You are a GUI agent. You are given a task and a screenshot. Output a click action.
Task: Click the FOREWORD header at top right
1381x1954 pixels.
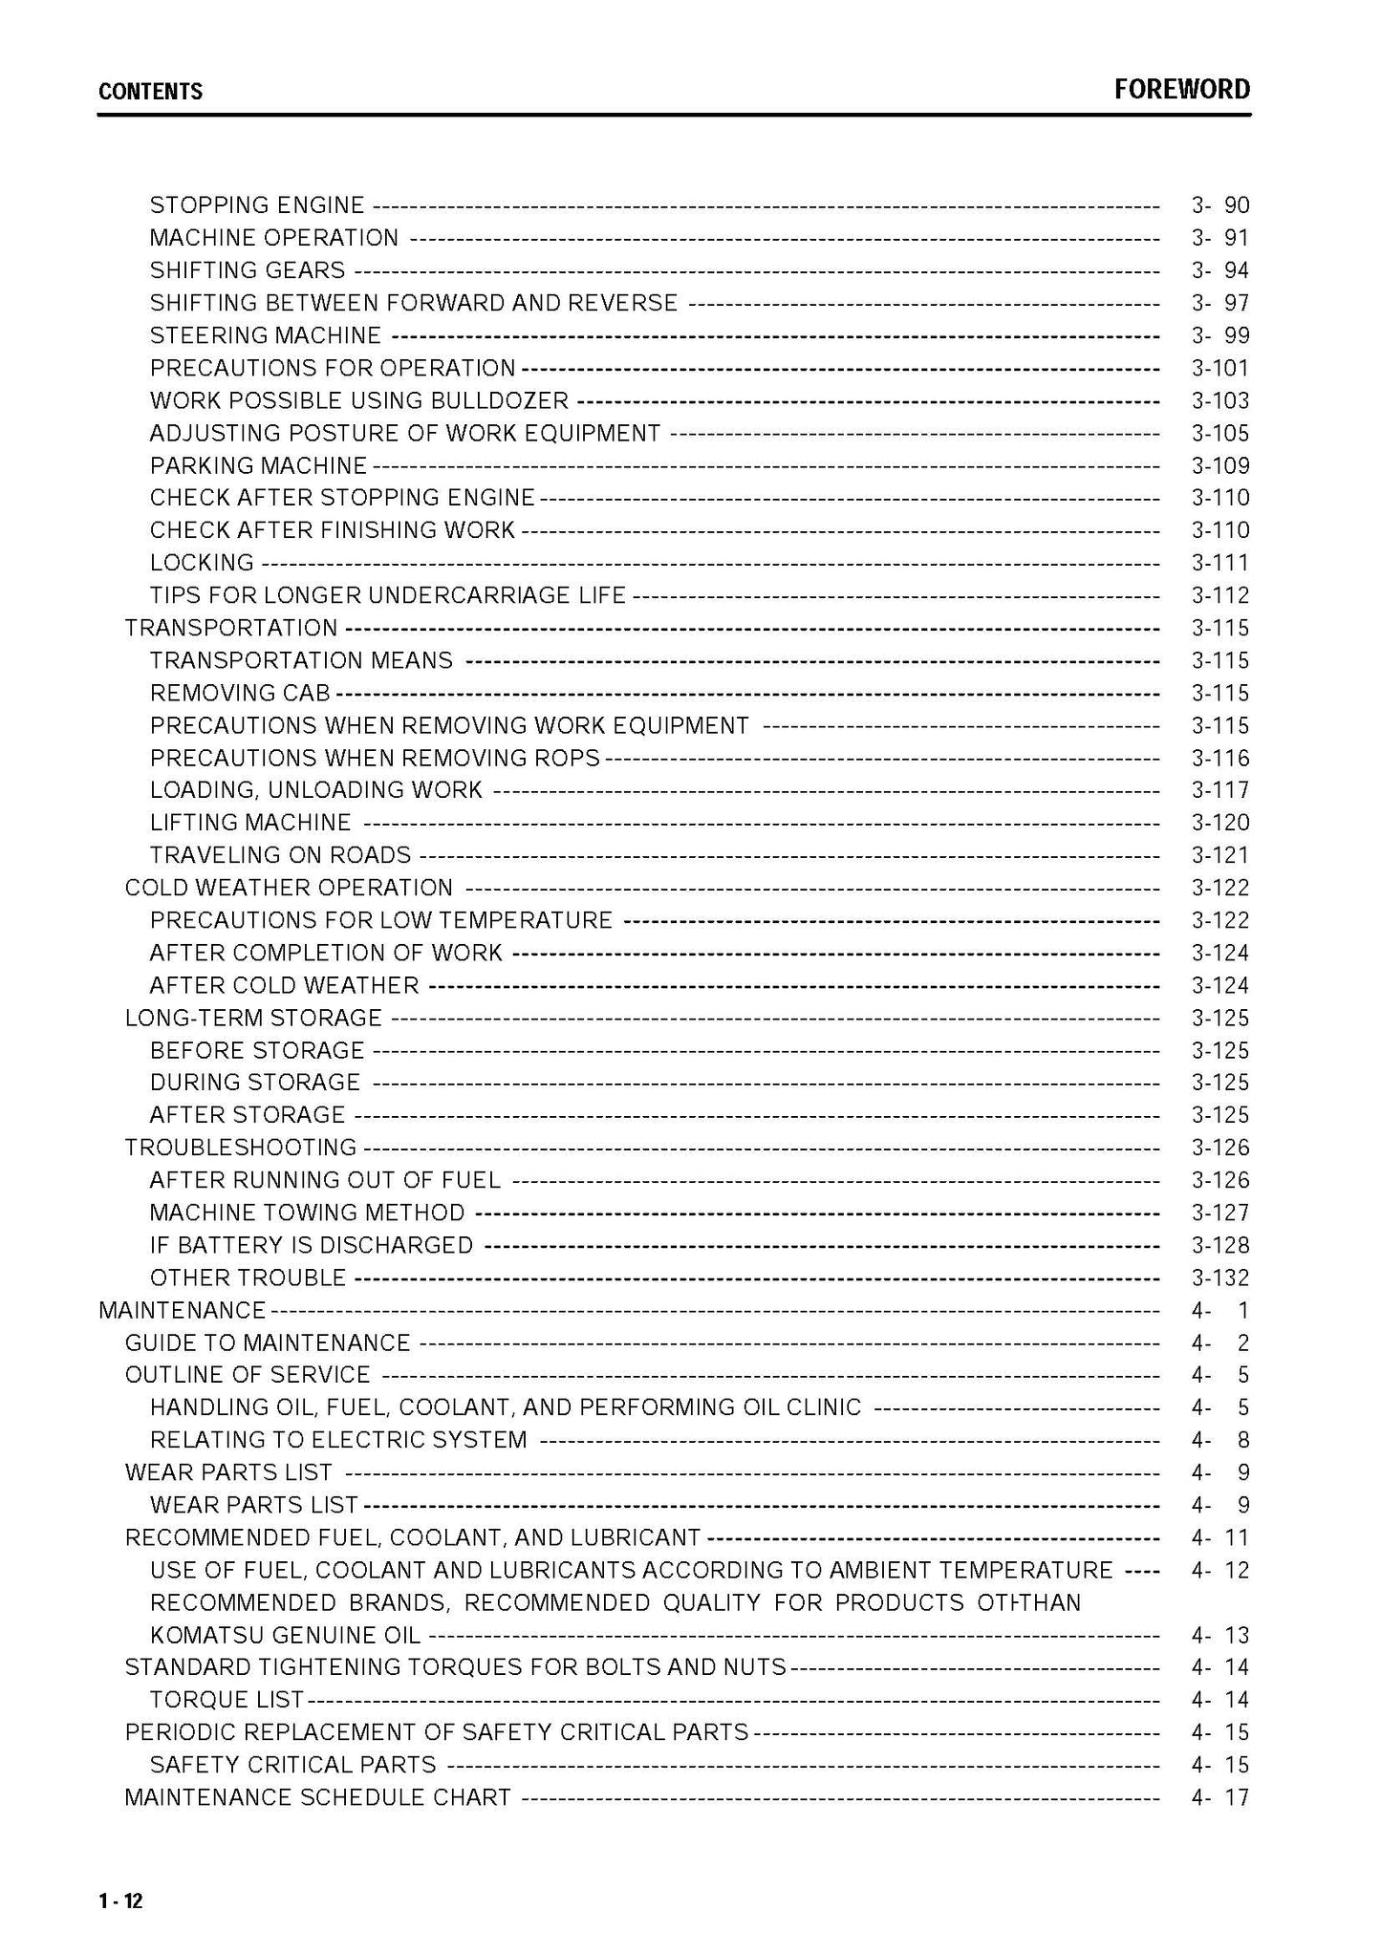pos(1181,90)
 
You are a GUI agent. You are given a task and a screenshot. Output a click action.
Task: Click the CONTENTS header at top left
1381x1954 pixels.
pos(150,92)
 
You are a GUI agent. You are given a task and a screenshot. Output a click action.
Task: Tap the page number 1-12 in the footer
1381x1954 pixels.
pos(119,1900)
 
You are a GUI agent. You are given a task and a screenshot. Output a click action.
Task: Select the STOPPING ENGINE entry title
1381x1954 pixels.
pos(257,205)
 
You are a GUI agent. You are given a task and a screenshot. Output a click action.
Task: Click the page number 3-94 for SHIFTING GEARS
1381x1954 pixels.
pos(1219,270)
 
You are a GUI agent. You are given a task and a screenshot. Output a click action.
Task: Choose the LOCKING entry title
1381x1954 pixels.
pos(202,563)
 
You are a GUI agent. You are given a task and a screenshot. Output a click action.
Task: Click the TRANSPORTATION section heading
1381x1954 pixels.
pos(231,628)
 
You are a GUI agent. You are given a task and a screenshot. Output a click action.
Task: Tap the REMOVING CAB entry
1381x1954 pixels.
pos(240,693)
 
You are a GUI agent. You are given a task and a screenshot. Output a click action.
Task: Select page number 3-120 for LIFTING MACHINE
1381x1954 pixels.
pos(1219,823)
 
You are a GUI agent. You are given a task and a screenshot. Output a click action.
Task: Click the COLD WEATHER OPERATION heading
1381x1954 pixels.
pos(289,888)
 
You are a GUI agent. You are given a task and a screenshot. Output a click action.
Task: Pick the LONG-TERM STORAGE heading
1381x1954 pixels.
pos(253,1018)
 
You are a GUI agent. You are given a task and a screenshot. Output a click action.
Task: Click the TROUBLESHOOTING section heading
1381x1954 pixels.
pos(241,1148)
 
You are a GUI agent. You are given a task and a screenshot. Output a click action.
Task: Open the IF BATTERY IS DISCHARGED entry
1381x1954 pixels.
pos(312,1245)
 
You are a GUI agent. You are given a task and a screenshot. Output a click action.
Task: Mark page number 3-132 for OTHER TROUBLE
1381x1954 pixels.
pos(1219,1278)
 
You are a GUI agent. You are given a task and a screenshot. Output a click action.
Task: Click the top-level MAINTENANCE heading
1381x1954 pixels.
pos(182,1310)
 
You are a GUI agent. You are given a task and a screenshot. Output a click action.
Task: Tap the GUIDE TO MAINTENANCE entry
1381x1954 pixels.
pos(268,1342)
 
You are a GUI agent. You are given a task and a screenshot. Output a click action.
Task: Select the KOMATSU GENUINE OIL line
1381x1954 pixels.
pos(285,1635)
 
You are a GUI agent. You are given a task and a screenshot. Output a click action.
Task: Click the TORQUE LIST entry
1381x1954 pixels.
pos(227,1700)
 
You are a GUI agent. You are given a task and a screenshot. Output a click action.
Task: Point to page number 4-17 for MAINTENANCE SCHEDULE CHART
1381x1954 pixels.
pos(1219,1797)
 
